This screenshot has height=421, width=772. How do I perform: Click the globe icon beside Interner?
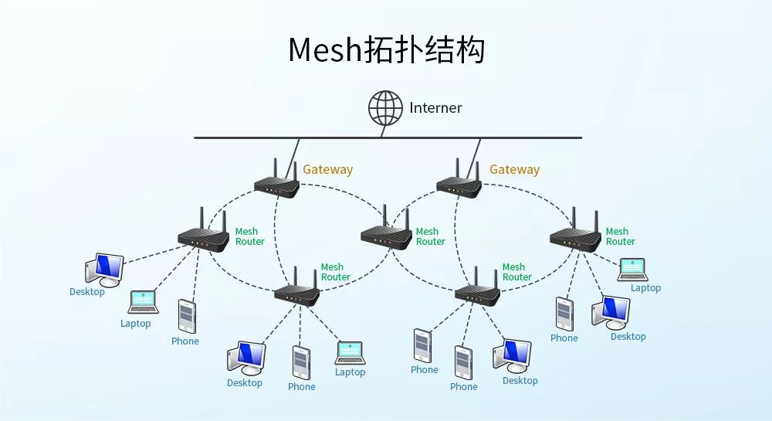coord(385,108)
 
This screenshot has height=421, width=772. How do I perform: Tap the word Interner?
coord(435,108)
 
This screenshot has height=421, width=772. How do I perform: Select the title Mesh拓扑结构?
coord(386,49)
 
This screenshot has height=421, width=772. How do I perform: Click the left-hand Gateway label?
coord(327,170)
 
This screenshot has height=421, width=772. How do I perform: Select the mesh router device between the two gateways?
coord(386,235)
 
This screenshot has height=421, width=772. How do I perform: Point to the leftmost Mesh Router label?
coord(249,236)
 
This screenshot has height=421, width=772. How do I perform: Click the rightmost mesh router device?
coord(575,237)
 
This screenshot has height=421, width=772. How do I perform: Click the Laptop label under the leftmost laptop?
coord(136,324)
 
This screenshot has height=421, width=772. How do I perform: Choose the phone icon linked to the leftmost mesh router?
coord(186,317)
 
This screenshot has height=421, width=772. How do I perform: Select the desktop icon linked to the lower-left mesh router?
coord(246,358)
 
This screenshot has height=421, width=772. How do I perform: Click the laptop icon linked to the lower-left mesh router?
coord(350,353)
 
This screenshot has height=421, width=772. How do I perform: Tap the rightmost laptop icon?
coord(632,270)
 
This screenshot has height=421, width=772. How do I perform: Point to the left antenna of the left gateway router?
coord(275,169)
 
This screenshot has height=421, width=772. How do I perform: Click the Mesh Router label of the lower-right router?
coord(516,272)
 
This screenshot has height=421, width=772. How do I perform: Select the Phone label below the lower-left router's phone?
coord(302,387)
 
